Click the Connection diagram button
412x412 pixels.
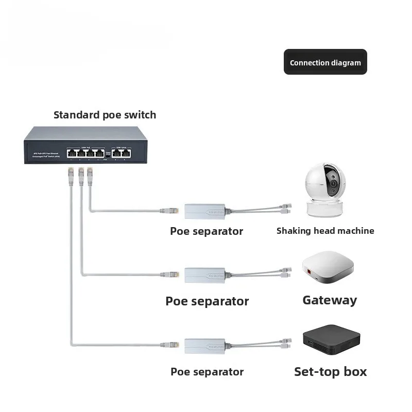coord(325,62)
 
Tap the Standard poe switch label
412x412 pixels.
coord(105,115)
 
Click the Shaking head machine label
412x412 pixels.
coord(325,231)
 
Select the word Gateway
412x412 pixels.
coord(330,300)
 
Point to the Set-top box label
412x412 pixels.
coord(330,371)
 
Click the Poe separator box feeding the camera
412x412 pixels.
coord(204,210)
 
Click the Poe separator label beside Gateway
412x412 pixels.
coord(207,301)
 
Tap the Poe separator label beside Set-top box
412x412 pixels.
coord(207,371)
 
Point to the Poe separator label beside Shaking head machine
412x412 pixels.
coord(207,231)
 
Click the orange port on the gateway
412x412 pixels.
coord(310,271)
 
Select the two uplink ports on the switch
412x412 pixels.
coord(122,152)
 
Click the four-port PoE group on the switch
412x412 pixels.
coord(84,152)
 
